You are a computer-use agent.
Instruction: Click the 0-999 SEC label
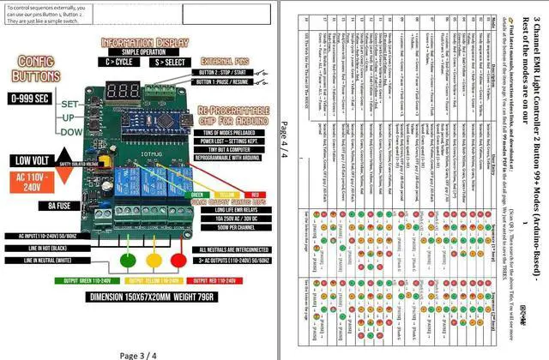31,99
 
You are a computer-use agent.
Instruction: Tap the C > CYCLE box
119,63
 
